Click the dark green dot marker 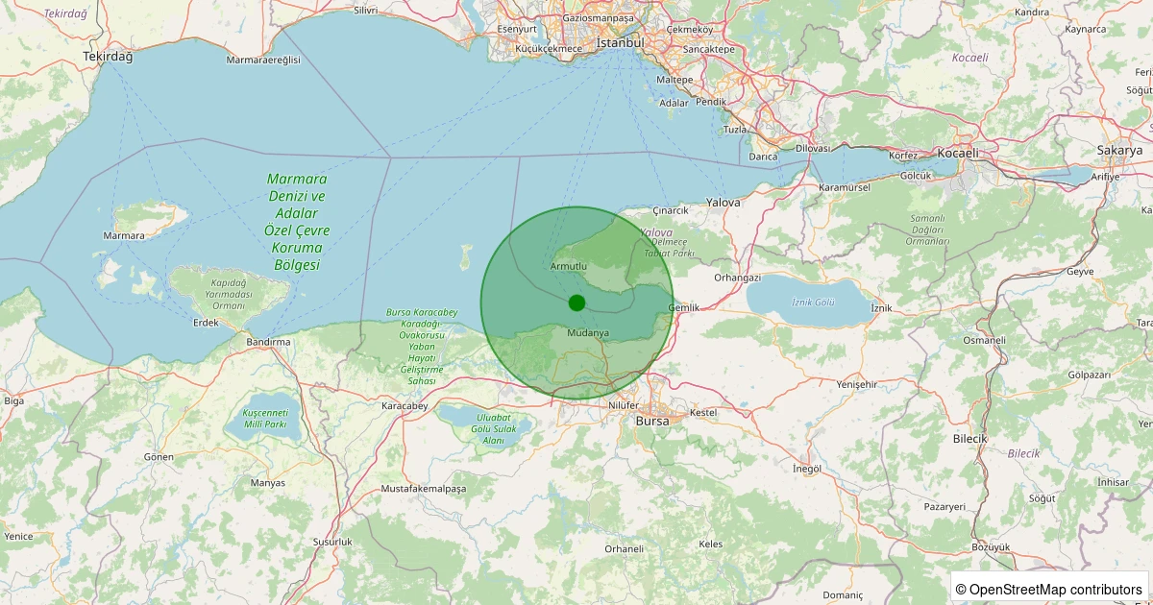[x=576, y=302]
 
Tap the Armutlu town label [x=569, y=266]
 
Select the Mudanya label [x=588, y=333]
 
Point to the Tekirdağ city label [x=108, y=57]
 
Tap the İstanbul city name [x=620, y=43]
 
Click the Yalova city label [x=724, y=203]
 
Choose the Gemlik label [x=683, y=307]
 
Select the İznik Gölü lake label [x=812, y=302]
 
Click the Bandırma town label [x=268, y=342]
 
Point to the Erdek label [x=206, y=323]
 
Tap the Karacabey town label [x=404, y=406]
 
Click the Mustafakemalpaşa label [x=424, y=489]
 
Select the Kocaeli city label [x=959, y=153]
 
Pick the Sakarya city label [x=1119, y=151]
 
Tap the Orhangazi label [x=737, y=278]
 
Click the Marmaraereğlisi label [x=263, y=60]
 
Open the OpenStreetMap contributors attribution [x=1050, y=589]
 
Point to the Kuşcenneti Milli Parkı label [x=265, y=418]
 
